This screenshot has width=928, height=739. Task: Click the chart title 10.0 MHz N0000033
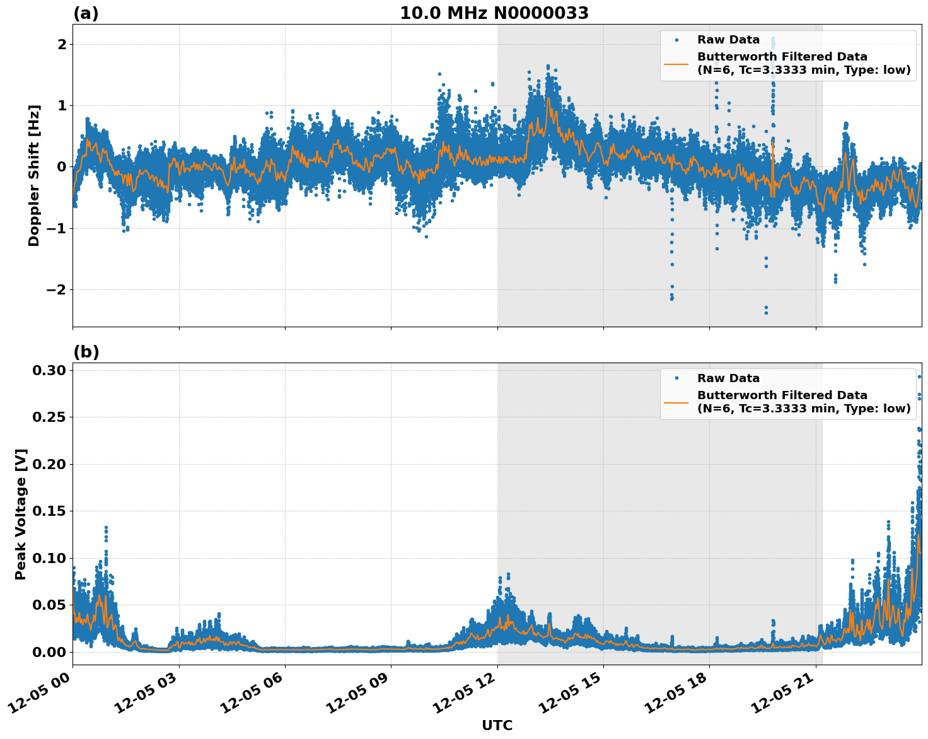[x=494, y=13]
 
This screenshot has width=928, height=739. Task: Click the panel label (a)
[x=86, y=13]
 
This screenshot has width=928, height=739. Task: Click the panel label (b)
[x=86, y=352]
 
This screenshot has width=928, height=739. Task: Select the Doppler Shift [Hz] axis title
[x=34, y=175]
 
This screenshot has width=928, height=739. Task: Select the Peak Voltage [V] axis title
[x=21, y=514]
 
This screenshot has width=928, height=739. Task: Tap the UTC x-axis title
[x=497, y=725]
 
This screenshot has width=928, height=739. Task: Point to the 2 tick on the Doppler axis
[x=62, y=44]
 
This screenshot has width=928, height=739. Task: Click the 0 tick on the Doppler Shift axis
[x=62, y=167]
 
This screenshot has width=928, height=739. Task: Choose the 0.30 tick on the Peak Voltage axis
[x=50, y=370]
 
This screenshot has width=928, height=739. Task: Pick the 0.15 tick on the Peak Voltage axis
[x=50, y=511]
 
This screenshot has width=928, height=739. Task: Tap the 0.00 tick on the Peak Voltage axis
[x=50, y=652]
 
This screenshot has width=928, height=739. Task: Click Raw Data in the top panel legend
[x=728, y=40]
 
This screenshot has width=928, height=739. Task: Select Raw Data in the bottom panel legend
[x=728, y=378]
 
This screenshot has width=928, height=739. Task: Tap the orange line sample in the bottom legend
[x=676, y=402]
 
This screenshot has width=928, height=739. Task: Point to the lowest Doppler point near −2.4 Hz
[x=766, y=313]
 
